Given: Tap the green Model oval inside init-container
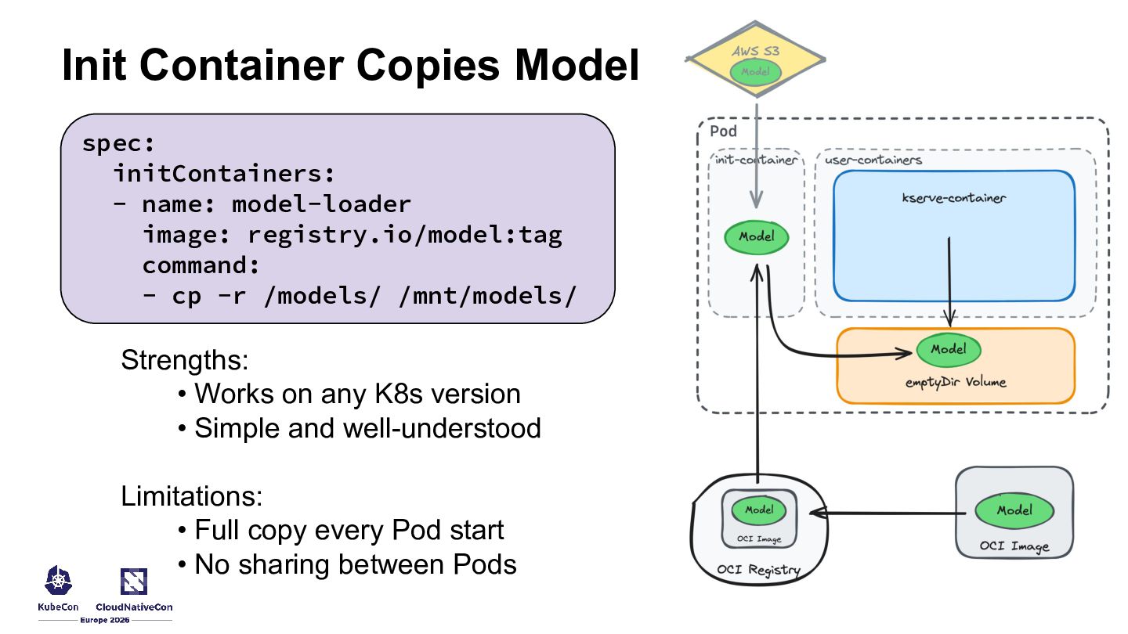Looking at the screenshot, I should coord(756,237).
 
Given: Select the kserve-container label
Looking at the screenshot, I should coord(953,198).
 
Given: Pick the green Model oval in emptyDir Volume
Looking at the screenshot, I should coord(948,349).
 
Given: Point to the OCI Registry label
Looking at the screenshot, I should coord(758,570).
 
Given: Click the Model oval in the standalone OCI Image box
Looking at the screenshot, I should coord(1014,510).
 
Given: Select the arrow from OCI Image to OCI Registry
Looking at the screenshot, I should coord(885,514).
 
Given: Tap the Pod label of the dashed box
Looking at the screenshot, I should coord(723,131).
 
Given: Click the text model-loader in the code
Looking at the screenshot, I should coord(321,204).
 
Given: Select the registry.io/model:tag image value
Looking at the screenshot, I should coord(405,235).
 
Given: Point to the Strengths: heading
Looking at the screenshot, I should coord(184,361).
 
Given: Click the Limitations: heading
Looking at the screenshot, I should coord(191,496).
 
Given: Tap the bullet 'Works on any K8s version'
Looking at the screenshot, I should coord(356,394).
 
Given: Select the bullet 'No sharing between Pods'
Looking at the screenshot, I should coord(355,564).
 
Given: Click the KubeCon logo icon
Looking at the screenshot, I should coord(59,581).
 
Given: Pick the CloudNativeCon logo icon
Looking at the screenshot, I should coord(134,581).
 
